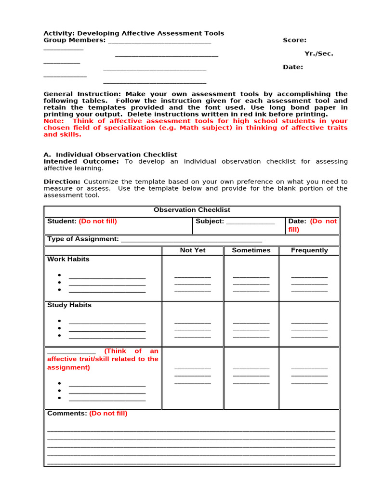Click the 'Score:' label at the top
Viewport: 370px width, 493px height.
(x=294, y=40)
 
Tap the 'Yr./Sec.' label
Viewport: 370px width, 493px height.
(x=318, y=53)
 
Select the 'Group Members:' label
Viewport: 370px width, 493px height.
(x=75, y=40)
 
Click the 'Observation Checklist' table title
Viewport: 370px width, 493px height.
(x=192, y=210)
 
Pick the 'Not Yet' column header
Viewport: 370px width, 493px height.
(x=193, y=250)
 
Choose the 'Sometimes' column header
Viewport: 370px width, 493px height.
(x=251, y=250)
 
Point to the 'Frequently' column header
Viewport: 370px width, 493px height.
(x=309, y=250)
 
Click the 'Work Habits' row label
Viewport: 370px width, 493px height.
(x=68, y=259)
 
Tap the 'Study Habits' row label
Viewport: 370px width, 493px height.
(x=69, y=305)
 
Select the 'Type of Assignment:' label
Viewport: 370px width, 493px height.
(x=83, y=239)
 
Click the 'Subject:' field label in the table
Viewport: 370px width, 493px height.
(x=210, y=221)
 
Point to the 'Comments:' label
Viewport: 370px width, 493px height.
(x=67, y=414)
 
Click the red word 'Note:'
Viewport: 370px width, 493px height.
(x=53, y=121)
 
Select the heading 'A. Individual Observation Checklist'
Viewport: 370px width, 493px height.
(x=110, y=155)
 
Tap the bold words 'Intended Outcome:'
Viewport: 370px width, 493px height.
(x=81, y=162)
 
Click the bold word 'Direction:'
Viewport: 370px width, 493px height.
(x=62, y=182)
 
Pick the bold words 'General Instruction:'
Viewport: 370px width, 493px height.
(x=82, y=94)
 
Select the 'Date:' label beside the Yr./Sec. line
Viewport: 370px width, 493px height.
(x=293, y=67)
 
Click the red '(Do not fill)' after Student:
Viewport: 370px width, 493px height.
(x=98, y=221)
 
